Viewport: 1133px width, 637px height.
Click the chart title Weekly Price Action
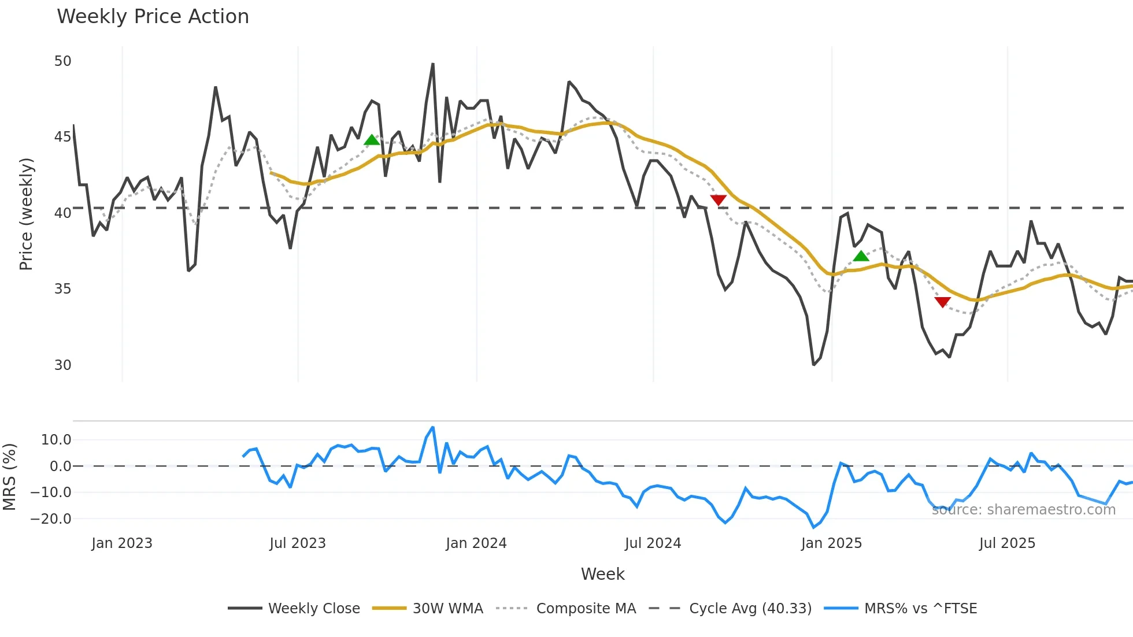click(153, 17)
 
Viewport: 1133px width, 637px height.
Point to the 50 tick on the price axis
click(62, 61)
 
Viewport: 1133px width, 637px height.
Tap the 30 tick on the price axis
click(62, 365)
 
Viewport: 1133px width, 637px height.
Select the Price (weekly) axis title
click(26, 214)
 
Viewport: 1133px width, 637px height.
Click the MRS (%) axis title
click(9, 477)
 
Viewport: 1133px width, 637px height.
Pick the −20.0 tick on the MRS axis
click(51, 519)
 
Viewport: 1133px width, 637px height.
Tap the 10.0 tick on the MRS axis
click(56, 440)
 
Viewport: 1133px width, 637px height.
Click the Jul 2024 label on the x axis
click(653, 543)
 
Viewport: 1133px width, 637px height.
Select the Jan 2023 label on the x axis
click(122, 543)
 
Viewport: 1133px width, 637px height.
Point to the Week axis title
click(602, 574)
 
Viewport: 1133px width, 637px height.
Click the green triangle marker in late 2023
click(372, 140)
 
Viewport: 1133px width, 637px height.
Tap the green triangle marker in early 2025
click(861, 256)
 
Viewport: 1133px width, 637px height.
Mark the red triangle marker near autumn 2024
click(718, 200)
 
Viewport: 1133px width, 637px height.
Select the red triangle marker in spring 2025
click(942, 302)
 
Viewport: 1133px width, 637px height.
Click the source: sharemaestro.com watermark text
click(1023, 510)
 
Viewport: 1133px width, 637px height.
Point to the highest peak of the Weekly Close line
click(433, 64)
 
